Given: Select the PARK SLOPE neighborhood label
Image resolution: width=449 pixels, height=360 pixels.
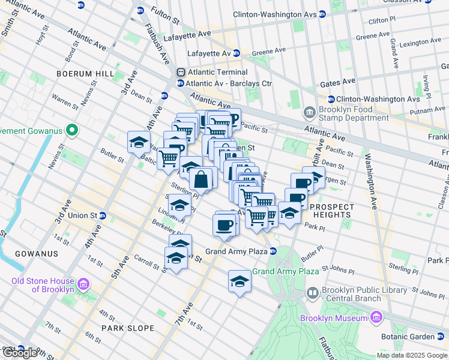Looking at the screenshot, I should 128,328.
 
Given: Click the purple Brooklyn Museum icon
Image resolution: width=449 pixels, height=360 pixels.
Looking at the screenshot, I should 376,316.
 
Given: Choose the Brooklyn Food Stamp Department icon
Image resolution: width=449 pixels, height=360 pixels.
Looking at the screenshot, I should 310,111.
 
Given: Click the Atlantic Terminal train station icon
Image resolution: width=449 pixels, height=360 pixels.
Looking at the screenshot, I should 180,72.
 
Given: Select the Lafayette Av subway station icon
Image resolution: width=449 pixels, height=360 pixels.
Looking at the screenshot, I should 237,53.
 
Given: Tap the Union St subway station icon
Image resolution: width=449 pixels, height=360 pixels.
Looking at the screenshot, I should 103,215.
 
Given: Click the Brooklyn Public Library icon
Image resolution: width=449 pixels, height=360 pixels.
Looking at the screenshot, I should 313,293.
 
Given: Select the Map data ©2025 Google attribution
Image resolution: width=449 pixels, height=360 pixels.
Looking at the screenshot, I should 412,355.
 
